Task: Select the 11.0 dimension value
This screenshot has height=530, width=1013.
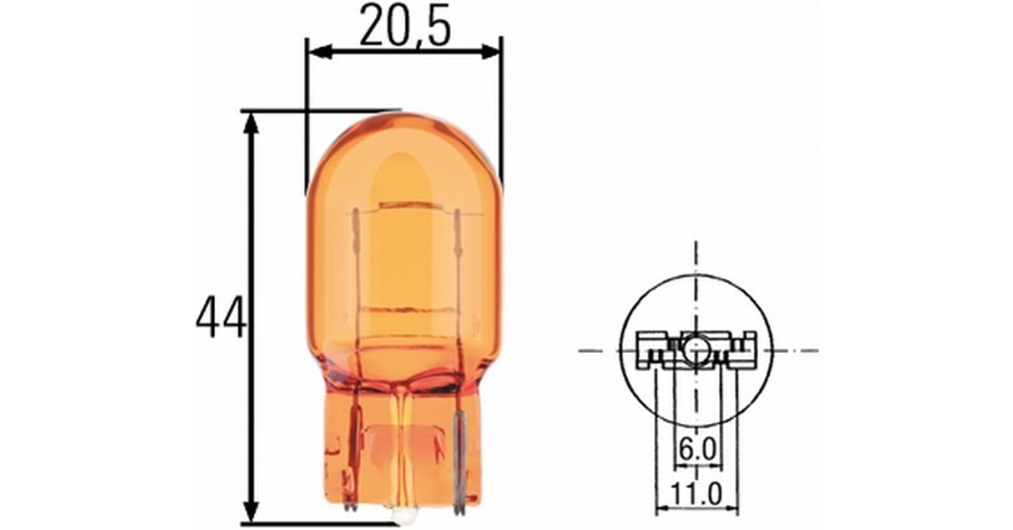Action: pos(697,494)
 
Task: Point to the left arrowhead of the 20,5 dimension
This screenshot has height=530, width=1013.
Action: pos(319,52)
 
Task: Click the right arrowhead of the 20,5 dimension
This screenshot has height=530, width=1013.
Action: pos(490,52)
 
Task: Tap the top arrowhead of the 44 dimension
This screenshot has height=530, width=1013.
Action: pos(252,124)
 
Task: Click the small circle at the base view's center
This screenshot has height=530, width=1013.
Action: pos(695,350)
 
